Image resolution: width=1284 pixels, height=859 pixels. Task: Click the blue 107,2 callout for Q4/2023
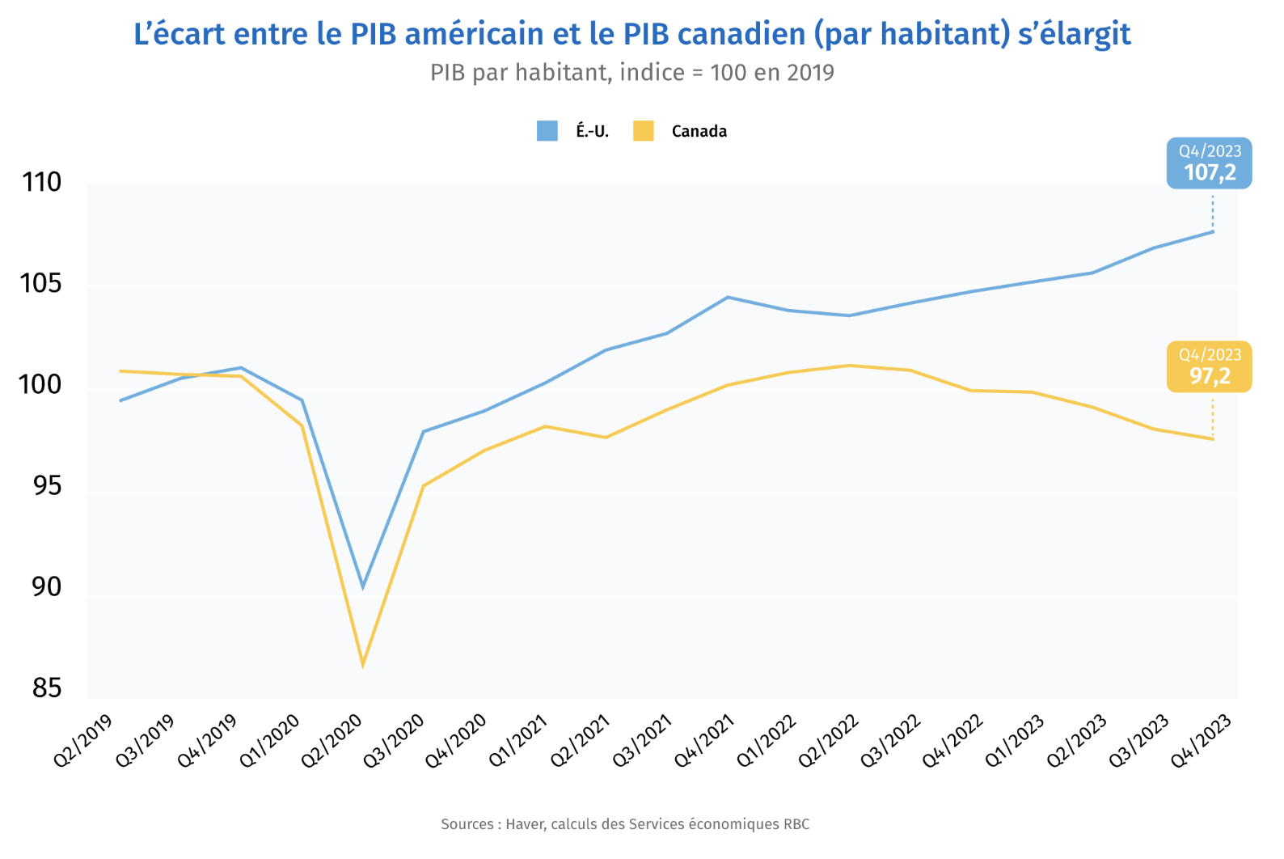pos(1209,163)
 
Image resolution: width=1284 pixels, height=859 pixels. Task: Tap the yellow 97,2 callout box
pos(1209,367)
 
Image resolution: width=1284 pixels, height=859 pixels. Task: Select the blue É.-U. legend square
pos(547,131)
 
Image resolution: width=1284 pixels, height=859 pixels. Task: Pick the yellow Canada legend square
pos(644,131)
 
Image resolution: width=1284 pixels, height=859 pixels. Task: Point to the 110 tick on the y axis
pos(42,183)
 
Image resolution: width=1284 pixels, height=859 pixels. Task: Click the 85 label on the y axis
pos(47,688)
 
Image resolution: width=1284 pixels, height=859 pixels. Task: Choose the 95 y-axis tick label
pos(47,486)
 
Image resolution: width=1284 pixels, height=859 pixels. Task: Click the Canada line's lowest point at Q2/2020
pos(363,665)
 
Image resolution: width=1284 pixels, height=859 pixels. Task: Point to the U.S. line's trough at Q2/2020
pos(363,586)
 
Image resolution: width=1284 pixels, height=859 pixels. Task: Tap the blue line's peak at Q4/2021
pos(728,297)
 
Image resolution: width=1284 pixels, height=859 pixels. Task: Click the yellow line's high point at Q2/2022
pos(849,366)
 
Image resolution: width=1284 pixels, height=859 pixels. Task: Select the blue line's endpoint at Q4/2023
pos(1213,232)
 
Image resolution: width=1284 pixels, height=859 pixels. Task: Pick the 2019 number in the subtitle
pos(810,73)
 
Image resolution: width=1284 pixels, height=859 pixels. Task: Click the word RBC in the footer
pos(796,824)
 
